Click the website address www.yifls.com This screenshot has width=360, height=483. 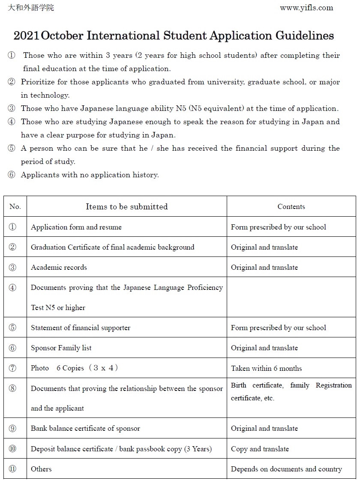tap(306, 8)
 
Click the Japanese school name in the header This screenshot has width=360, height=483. tap(31, 8)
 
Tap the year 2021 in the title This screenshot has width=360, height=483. tap(26, 36)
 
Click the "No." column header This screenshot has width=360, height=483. tap(15, 207)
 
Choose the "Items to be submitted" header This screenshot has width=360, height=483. tap(126, 207)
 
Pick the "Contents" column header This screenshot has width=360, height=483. tap(291, 207)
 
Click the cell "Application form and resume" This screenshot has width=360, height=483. tap(76, 227)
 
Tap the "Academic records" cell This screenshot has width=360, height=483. tap(59, 267)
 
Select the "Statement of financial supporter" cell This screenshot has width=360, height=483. tap(81, 328)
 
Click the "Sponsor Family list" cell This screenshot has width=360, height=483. tap(61, 348)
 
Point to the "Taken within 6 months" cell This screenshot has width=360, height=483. tap(266, 368)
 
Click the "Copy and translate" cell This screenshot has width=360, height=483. tap(260, 449)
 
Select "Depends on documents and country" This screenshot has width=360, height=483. tap(286, 469)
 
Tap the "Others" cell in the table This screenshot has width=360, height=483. tap(41, 469)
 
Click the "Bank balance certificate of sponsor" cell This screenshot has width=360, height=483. tap(85, 428)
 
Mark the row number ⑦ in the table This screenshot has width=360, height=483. tap(12, 368)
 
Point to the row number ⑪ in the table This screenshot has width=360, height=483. tap(12, 469)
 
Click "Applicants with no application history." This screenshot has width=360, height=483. tap(90, 175)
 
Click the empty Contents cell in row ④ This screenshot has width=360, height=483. tap(291, 297)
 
